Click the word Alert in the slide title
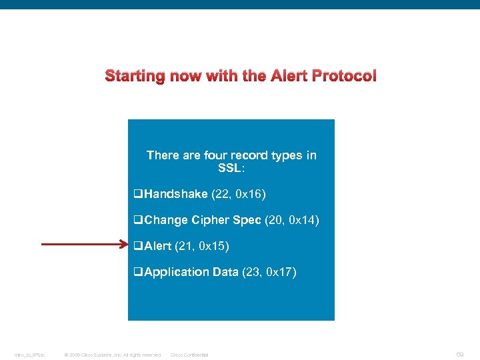pyautogui.click(x=292, y=76)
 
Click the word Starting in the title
pyautogui.click(x=134, y=76)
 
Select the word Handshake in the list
pyautogui.click(x=176, y=194)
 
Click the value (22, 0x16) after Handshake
pyautogui.click(x=239, y=194)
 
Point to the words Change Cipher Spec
pyautogui.click(x=203, y=220)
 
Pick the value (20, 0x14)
pyautogui.click(x=292, y=220)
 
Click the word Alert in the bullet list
pyautogui.click(x=157, y=246)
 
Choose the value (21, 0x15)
pyautogui.click(x=202, y=246)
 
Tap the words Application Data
pyautogui.click(x=191, y=271)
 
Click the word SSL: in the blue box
pyautogui.click(x=231, y=168)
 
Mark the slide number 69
pyautogui.click(x=460, y=355)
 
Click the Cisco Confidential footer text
pyautogui.click(x=189, y=355)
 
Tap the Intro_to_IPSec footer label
pyautogui.click(x=30, y=355)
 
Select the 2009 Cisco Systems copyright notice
pyautogui.click(x=112, y=355)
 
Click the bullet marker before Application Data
pyautogui.click(x=139, y=272)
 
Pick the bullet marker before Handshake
pyautogui.click(x=139, y=195)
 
